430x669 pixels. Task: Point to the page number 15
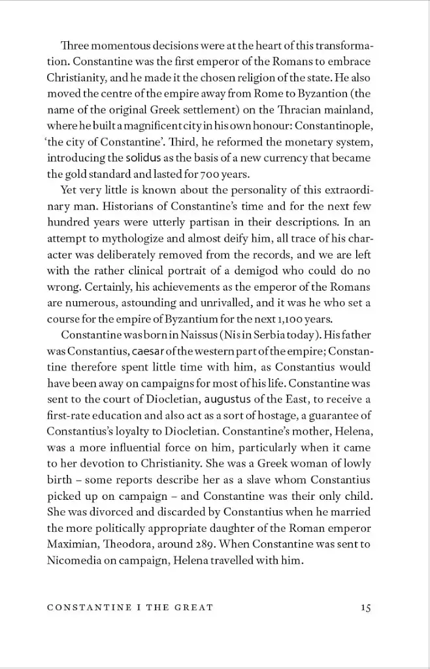pos(365,608)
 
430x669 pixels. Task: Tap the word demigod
pos(248,271)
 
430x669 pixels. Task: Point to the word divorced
pos(114,512)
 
